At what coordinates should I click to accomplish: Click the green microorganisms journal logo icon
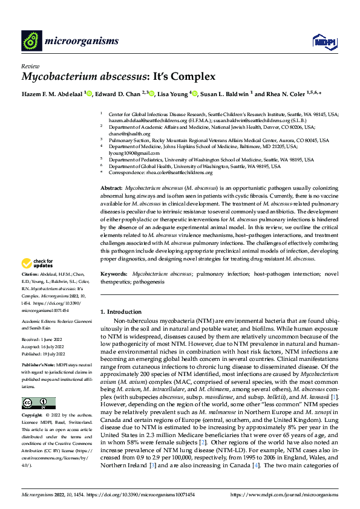31,40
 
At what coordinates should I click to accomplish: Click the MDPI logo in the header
321,41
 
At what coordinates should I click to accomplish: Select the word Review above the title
30,66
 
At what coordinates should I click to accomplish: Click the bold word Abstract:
111,189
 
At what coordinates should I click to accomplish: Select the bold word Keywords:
114,274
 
